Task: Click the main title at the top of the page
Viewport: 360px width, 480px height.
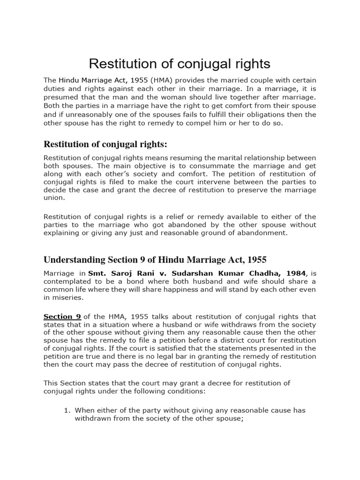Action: pyautogui.click(x=180, y=64)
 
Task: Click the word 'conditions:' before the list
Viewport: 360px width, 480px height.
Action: pyautogui.click(x=186, y=391)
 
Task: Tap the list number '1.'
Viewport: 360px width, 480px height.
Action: pyautogui.click(x=67, y=410)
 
